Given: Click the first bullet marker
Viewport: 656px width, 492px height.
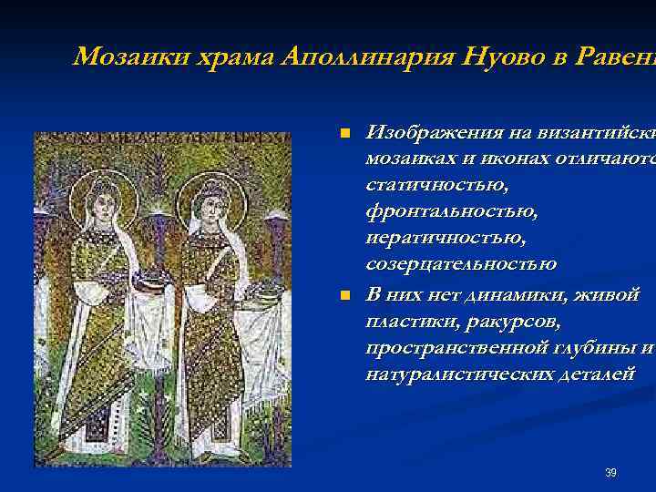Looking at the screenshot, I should (344, 135).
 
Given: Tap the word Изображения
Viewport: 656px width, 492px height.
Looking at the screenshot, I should (429, 133).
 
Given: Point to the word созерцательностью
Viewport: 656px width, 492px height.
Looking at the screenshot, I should (461, 265).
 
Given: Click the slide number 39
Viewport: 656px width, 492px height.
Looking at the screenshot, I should (610, 473).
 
